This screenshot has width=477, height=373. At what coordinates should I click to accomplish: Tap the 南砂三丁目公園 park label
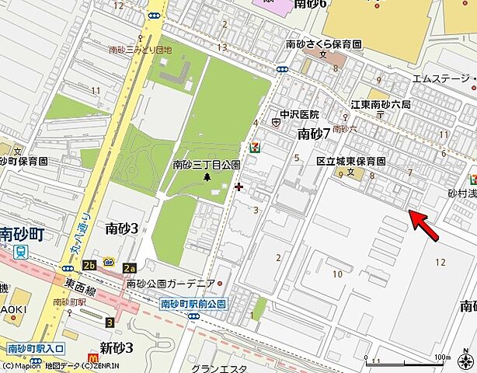pos(206,165)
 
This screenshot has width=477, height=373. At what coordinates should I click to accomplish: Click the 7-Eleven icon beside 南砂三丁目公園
pos(254,145)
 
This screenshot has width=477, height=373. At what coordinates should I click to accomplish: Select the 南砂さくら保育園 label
pos(324,44)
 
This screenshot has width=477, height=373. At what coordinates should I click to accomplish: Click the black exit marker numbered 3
pos(110,322)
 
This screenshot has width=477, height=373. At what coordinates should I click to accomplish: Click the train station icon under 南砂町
pos(20,251)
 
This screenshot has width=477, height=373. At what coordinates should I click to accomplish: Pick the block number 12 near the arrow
pos(440,262)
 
